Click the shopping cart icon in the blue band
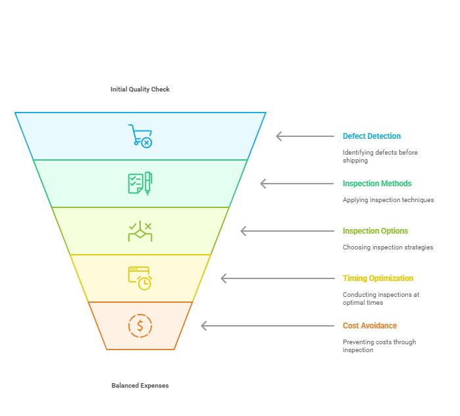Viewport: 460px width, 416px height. [140, 136]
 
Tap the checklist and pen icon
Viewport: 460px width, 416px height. [140, 183]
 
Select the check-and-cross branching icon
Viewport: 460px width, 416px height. [140, 231]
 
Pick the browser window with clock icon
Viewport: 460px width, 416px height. [140, 278]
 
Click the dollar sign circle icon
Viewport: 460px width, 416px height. [140, 326]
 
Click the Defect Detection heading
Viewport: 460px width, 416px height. [371, 136]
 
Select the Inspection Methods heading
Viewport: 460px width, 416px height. [377, 184]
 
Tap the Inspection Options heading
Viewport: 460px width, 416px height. [375, 231]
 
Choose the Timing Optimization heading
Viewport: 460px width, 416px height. [378, 278]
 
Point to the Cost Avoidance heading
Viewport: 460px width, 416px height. [370, 326]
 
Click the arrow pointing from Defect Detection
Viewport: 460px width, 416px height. [305, 136]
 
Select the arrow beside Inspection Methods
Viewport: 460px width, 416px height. [297, 184]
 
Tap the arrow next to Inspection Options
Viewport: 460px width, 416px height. [287, 231]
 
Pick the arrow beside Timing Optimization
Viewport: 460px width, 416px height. [277, 278]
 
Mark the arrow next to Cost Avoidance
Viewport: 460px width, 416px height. [267, 326]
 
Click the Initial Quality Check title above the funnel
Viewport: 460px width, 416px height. [140, 89]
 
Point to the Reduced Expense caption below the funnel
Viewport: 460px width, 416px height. [140, 386]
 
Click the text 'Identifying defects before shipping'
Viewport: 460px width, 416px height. [380, 157]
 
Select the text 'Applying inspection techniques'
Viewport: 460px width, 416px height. [388, 200]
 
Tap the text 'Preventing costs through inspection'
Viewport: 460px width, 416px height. [379, 346]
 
